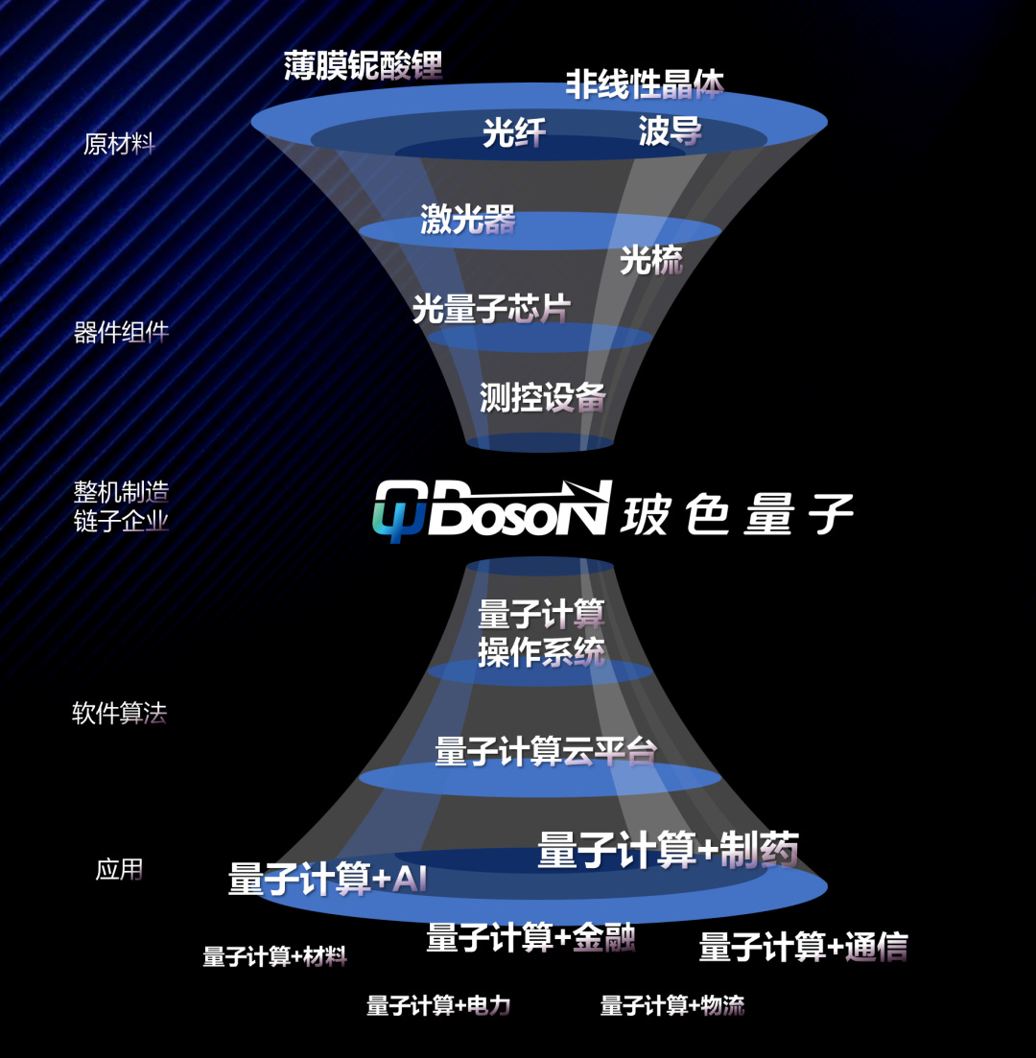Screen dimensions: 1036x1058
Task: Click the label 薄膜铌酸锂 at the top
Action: (x=364, y=66)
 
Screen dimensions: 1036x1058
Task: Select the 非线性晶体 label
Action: (x=644, y=83)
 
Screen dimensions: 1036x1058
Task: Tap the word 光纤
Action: (x=514, y=133)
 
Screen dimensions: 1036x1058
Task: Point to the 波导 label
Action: (x=670, y=131)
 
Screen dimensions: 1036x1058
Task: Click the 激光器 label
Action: (x=468, y=220)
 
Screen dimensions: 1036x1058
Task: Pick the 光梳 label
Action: (x=650, y=259)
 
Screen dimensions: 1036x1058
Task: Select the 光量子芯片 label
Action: (x=491, y=308)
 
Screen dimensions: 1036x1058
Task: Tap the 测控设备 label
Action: (x=542, y=396)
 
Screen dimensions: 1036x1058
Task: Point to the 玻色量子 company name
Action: (x=737, y=515)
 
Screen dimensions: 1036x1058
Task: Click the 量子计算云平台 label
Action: (x=545, y=751)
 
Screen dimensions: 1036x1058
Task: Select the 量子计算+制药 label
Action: (x=668, y=850)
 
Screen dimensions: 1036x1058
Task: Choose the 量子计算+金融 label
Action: (x=530, y=937)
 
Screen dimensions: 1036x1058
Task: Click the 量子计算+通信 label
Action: (x=803, y=947)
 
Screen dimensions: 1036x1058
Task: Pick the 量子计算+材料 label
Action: (x=274, y=956)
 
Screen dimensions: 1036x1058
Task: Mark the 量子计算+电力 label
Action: (x=438, y=1005)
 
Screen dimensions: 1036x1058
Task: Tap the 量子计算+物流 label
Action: (x=671, y=1005)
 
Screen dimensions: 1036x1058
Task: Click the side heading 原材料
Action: (x=119, y=145)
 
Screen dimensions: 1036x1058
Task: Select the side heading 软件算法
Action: (x=119, y=713)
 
